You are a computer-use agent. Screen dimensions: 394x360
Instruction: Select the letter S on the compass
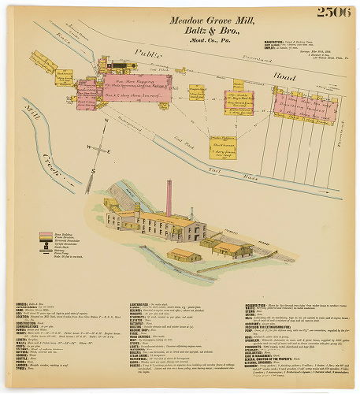93,170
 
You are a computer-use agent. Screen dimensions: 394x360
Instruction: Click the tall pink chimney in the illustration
168,198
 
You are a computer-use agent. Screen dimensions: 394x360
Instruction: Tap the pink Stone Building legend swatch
46,233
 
